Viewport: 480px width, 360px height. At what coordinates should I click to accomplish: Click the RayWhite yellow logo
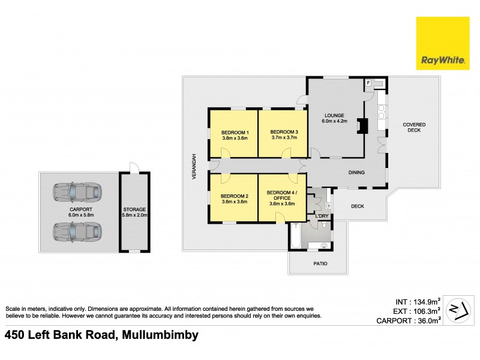(443, 43)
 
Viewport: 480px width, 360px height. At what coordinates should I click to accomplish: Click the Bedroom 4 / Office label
(281, 196)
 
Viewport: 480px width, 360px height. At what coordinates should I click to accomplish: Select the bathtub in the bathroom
(295, 236)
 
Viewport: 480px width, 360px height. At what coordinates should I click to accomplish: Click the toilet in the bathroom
(325, 226)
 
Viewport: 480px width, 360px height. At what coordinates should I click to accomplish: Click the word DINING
(357, 173)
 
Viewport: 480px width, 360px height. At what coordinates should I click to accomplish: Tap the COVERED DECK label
(414, 127)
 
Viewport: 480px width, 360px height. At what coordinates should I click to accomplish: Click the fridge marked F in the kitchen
(368, 82)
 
